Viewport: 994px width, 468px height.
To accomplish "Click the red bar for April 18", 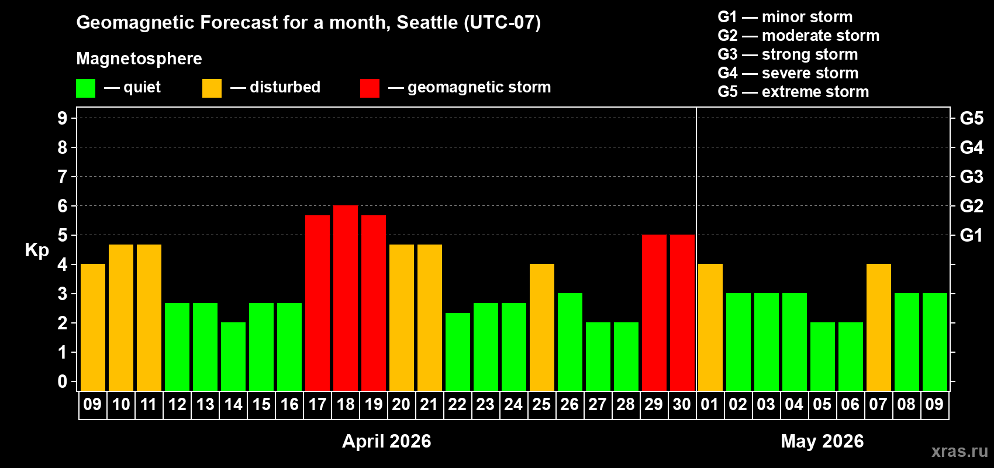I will click(346, 298).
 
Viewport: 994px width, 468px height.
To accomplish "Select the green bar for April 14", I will click(233, 356).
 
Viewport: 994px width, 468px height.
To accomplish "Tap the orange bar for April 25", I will click(542, 327).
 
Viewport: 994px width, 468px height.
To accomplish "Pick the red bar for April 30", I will click(682, 312).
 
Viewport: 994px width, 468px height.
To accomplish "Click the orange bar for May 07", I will click(879, 327).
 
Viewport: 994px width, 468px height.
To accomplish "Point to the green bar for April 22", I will click(458, 352).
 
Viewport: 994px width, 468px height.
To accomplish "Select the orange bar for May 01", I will click(710, 327).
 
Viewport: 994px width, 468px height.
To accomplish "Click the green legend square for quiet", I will click(86, 88).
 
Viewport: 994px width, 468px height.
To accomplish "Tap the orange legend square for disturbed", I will click(212, 88).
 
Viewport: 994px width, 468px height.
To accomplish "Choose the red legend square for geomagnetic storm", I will click(370, 88).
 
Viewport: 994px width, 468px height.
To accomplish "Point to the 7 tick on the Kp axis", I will click(63, 177).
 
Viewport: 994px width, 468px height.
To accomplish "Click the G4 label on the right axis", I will click(971, 147).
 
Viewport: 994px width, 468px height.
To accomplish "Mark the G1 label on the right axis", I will click(971, 235).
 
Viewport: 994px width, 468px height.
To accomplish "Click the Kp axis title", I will click(37, 250).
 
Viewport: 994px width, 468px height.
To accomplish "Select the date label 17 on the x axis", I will click(317, 404).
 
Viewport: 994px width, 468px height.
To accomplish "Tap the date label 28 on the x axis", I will click(626, 404).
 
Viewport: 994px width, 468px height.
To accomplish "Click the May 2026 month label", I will click(822, 441).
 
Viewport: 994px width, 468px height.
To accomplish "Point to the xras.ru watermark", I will click(960, 451).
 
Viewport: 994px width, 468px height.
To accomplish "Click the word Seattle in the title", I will click(427, 23).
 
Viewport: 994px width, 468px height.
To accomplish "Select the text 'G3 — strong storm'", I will click(788, 54).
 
